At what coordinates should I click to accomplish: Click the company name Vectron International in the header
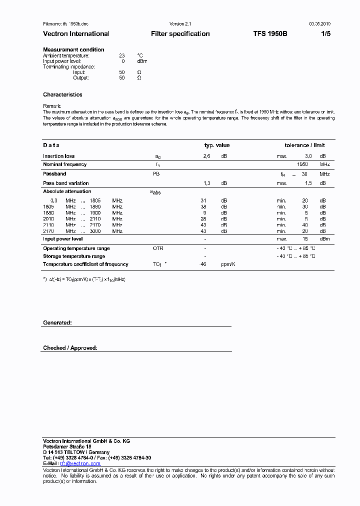tap(76, 34)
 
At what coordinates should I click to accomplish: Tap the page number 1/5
tap(325, 34)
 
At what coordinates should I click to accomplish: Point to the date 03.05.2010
tap(319, 24)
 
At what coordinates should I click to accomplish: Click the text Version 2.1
tap(180, 24)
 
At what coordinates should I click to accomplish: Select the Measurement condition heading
tap(73, 49)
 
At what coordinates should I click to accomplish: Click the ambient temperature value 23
tap(121, 55)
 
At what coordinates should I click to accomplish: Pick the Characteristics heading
tap(62, 94)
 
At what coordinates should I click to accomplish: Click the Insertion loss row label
tap(58, 156)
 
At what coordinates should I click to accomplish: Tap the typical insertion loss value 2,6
tap(206, 156)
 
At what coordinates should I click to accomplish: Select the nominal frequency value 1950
tap(302, 164)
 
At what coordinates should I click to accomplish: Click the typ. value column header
tap(217, 145)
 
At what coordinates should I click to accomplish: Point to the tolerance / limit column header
tap(304, 145)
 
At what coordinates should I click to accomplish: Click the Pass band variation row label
tap(65, 183)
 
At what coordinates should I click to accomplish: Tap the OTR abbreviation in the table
tap(158, 248)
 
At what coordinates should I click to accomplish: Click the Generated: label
tap(57, 323)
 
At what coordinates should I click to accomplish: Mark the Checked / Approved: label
tap(70, 348)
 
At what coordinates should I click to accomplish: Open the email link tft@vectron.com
tap(80, 463)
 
